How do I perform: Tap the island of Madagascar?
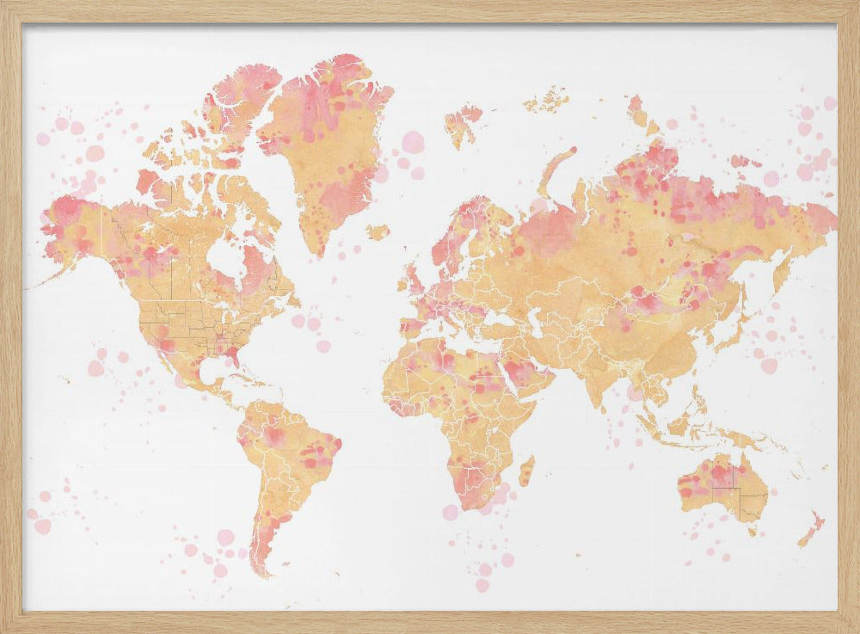pos(525,471)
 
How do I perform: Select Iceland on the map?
pos(377,232)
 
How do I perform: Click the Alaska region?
pos(73,228)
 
